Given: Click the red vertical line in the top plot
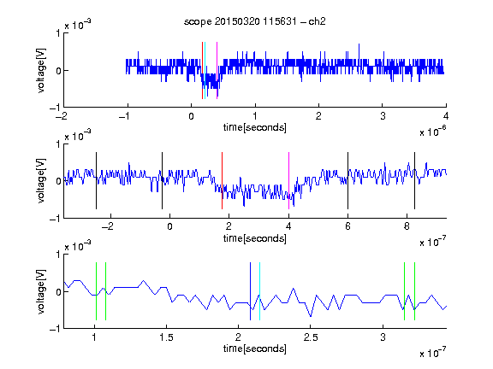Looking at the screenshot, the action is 202,70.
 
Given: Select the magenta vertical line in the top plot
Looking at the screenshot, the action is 217,70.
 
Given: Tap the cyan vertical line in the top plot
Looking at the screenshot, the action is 205,70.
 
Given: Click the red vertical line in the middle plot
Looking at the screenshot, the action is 222,180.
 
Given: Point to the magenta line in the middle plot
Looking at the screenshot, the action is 288,180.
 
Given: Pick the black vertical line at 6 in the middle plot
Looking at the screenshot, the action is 347,180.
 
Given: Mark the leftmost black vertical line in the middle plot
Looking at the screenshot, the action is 96,180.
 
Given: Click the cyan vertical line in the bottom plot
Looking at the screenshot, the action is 259,291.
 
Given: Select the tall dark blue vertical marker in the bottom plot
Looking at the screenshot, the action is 250,291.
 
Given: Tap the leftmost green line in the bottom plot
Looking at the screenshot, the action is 96,291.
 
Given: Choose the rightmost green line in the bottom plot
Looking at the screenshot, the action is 415,291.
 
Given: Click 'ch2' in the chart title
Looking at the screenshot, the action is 317,21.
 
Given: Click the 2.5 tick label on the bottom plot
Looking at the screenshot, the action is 311,337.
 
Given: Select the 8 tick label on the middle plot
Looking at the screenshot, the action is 407,226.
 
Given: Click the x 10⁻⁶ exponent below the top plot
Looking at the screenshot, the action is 433,132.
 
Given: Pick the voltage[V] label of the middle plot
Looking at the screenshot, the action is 41,180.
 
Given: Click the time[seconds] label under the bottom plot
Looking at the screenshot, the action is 255,348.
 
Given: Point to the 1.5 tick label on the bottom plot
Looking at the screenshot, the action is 166,337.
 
